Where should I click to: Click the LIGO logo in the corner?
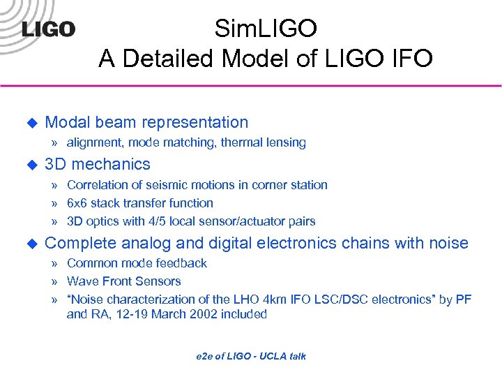47,29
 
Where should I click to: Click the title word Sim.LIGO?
266,29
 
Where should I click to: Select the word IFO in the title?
405,59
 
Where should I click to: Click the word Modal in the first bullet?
68,122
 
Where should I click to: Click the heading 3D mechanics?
97,164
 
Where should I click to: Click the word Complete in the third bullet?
81,243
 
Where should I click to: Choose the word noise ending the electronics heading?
448,243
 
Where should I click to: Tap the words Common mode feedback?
137,263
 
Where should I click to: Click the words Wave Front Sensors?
123,281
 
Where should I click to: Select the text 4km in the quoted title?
277,300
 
